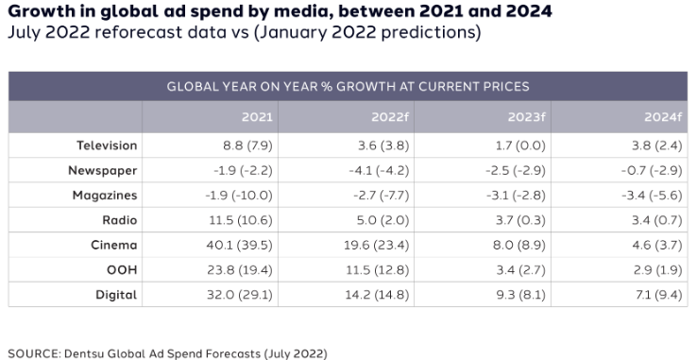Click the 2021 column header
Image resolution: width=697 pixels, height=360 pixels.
[x=257, y=117]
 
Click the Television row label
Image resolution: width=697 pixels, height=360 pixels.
[x=107, y=146]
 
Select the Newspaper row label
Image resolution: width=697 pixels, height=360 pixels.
[x=105, y=170]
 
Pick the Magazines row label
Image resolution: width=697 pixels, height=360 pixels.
[x=105, y=195]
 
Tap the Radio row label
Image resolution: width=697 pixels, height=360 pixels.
[x=119, y=220]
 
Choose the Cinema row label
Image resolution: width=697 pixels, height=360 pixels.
[x=115, y=245]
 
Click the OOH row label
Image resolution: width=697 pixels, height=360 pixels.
[x=123, y=269]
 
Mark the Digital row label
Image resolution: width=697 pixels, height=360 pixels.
[x=117, y=295]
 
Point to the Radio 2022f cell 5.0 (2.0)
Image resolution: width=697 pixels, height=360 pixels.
[x=377, y=220]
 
